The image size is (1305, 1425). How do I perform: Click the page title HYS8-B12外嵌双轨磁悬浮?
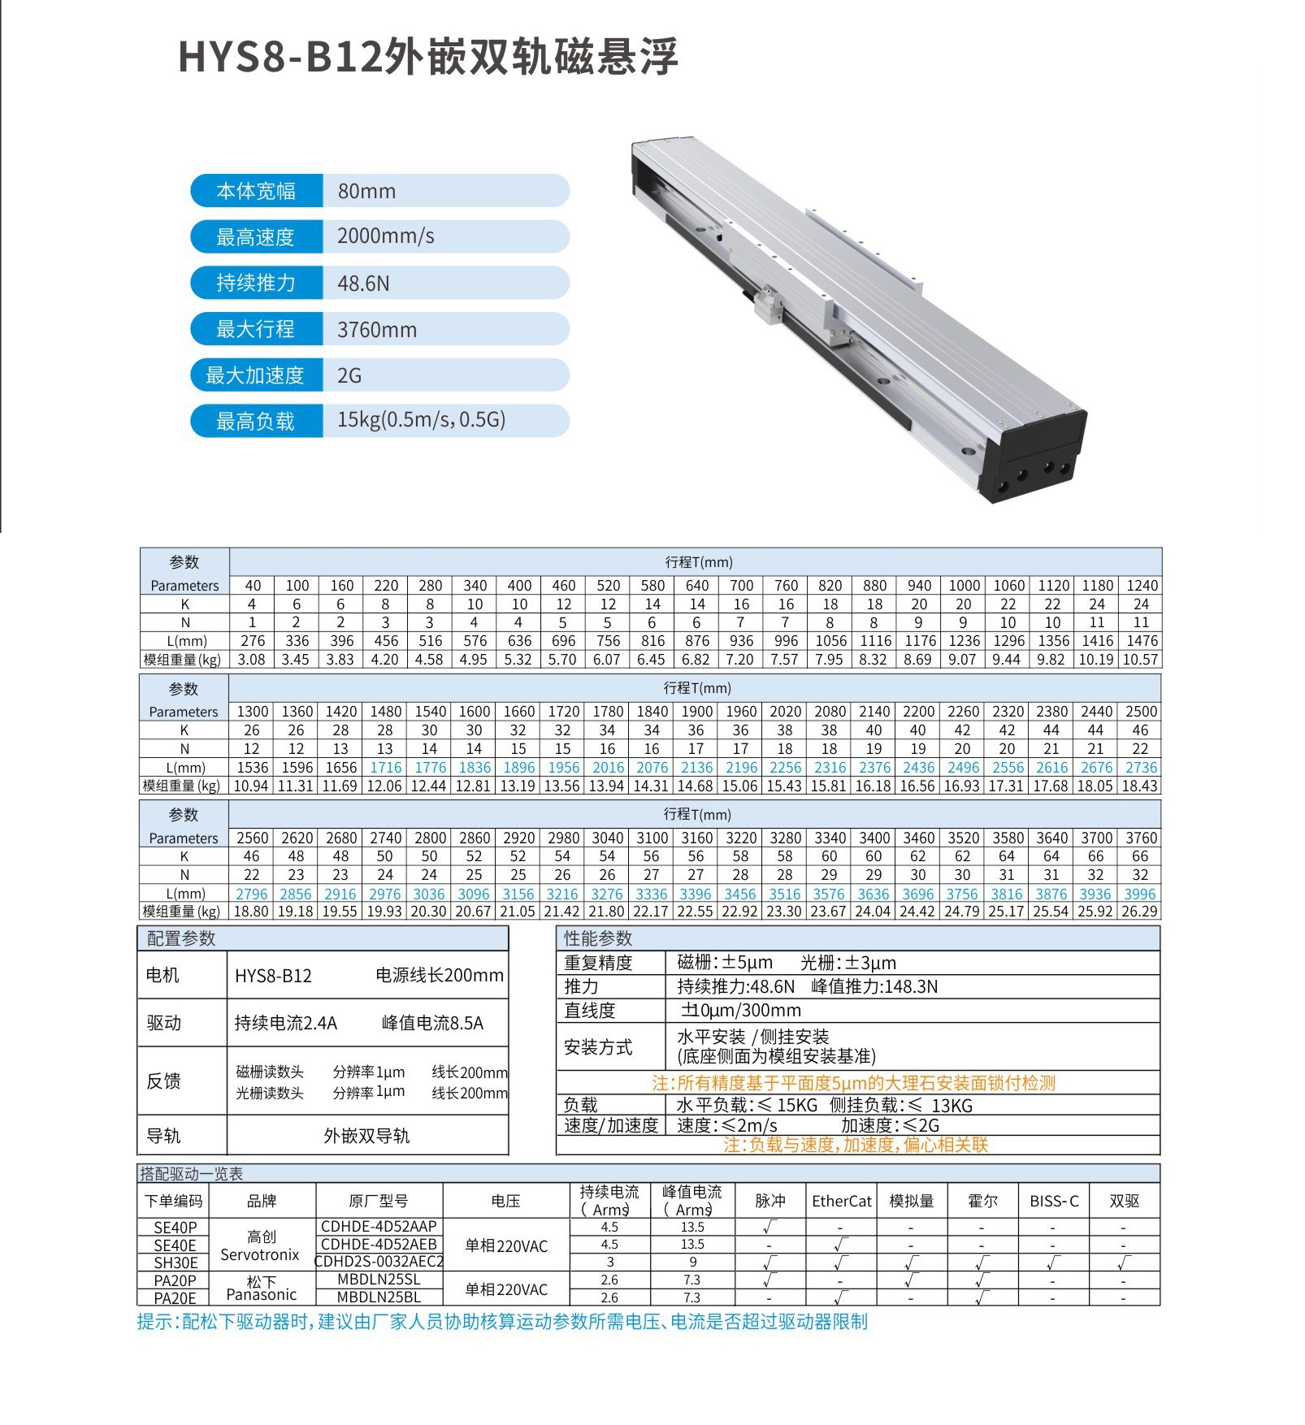[427, 58]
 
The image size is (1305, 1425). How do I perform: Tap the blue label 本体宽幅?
[256, 191]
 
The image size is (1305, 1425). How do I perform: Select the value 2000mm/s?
[385, 236]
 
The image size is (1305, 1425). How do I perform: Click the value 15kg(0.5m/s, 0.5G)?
[421, 420]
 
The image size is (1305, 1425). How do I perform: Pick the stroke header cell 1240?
[1141, 586]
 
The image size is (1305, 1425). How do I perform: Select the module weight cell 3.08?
[251, 660]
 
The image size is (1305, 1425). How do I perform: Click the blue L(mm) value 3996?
[1139, 894]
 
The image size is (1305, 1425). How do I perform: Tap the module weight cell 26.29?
[1139, 912]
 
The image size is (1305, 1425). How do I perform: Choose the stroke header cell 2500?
[1140, 712]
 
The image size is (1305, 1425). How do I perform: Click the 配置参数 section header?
[181, 938]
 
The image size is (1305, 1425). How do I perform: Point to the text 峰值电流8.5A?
[432, 1023]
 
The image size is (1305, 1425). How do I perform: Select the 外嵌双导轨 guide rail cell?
[366, 1136]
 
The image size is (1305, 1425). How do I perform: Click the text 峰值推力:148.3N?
[874, 987]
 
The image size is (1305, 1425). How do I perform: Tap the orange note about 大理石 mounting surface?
[853, 1083]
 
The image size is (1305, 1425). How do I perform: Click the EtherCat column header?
[841, 1201]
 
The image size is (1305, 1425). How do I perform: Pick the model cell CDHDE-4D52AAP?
[379, 1227]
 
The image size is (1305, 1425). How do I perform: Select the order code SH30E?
[176, 1263]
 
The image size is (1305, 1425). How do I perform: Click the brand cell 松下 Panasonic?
[261, 1289]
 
